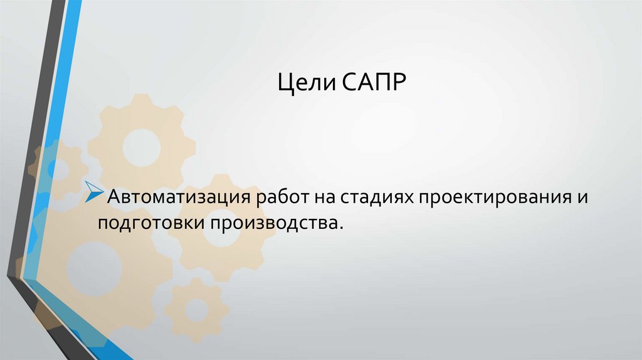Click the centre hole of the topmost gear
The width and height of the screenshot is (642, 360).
pos(142,147)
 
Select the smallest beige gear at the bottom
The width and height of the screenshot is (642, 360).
pos(196,308)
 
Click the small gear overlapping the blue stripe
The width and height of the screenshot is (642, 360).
pos(58,168)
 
